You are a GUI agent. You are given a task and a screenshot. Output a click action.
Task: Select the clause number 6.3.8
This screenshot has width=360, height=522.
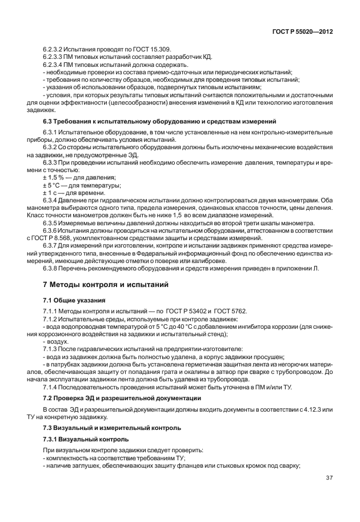coord(51,267)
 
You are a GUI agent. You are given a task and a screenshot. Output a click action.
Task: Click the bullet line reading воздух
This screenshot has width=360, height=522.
coord(57,340)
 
